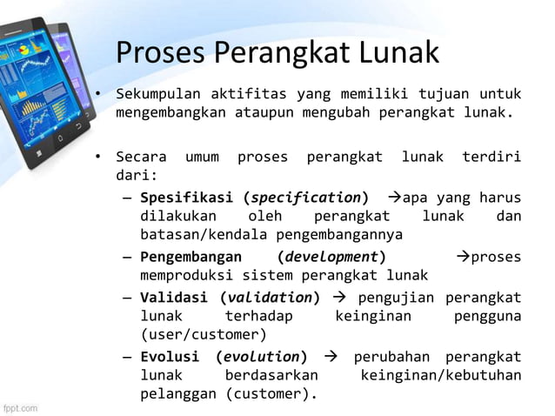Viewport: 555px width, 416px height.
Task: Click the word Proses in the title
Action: coord(156,54)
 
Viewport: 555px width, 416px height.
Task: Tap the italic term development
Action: coord(332,257)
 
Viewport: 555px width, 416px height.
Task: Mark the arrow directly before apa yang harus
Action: coord(391,197)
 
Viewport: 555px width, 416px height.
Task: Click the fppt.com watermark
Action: coord(21,406)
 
